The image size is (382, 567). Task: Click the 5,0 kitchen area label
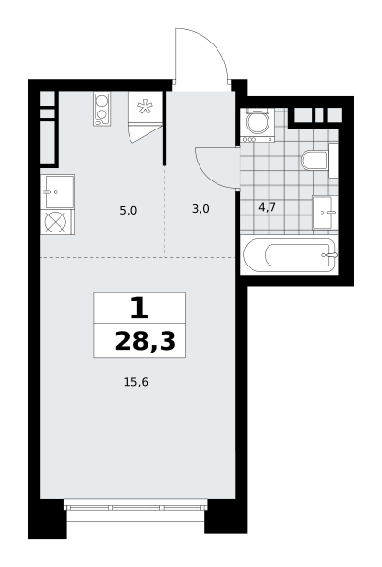click(129, 210)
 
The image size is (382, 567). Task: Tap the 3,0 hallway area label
click(200, 209)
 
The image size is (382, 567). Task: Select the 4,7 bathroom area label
click(268, 207)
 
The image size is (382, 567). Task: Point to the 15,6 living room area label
click(136, 382)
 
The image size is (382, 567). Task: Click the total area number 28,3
click(145, 341)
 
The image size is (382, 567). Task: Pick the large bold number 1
click(139, 308)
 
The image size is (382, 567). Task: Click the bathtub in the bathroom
click(289, 256)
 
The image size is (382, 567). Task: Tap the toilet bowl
click(314, 161)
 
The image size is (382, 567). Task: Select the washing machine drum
click(257, 122)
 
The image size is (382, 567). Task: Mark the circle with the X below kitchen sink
click(56, 222)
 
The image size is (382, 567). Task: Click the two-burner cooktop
click(102, 109)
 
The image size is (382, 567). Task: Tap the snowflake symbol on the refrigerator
click(145, 106)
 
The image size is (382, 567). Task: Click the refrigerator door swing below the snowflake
click(144, 133)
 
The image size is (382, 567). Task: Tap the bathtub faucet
click(330, 255)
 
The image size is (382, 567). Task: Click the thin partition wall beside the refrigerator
click(165, 128)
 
